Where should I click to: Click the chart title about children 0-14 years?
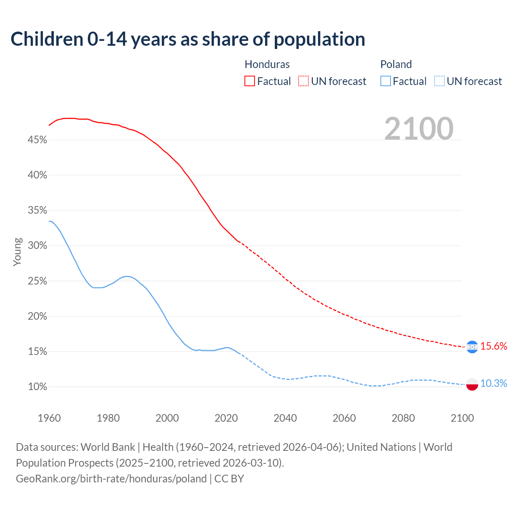188,39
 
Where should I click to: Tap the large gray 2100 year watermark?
419,129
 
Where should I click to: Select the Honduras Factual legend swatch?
250,81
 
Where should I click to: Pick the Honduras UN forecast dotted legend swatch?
304,81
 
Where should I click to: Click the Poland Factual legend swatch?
385,81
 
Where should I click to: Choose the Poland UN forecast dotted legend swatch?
439,81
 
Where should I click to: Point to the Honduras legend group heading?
267,64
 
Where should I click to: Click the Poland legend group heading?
396,64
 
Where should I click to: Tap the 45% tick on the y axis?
38,140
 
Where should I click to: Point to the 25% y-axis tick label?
38,281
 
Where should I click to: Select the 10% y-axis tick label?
38,387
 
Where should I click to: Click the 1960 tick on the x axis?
49,418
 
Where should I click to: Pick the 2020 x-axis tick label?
226,418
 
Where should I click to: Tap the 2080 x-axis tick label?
403,418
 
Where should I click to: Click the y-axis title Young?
17,252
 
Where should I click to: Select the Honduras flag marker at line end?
472,347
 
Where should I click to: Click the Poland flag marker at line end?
472,384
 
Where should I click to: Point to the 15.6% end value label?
494,346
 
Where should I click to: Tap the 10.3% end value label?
494,384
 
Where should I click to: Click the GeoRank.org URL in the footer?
111,479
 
